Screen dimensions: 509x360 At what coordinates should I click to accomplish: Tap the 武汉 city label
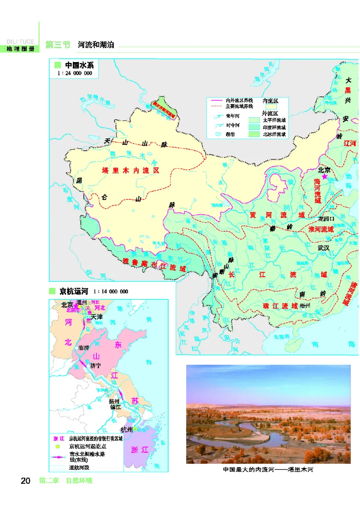[324, 248]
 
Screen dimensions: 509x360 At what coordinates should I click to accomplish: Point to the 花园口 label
[326, 219]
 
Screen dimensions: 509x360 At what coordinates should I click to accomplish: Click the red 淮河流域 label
[321, 229]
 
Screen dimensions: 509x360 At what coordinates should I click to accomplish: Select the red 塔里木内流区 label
[130, 171]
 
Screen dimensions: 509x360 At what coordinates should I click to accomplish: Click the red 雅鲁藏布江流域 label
[154, 265]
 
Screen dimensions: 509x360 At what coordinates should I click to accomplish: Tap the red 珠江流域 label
[280, 306]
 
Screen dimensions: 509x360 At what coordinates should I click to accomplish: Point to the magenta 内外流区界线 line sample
[216, 100]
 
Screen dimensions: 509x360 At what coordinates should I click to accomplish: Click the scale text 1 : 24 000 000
[74, 73]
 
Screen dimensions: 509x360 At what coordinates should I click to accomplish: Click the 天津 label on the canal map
[97, 317]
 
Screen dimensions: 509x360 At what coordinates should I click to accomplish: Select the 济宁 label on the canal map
[96, 366]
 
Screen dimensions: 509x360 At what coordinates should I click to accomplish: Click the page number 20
[25, 481]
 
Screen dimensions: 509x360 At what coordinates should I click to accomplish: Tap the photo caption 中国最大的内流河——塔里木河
[268, 470]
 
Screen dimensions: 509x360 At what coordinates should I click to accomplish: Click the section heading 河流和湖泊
[96, 45]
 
